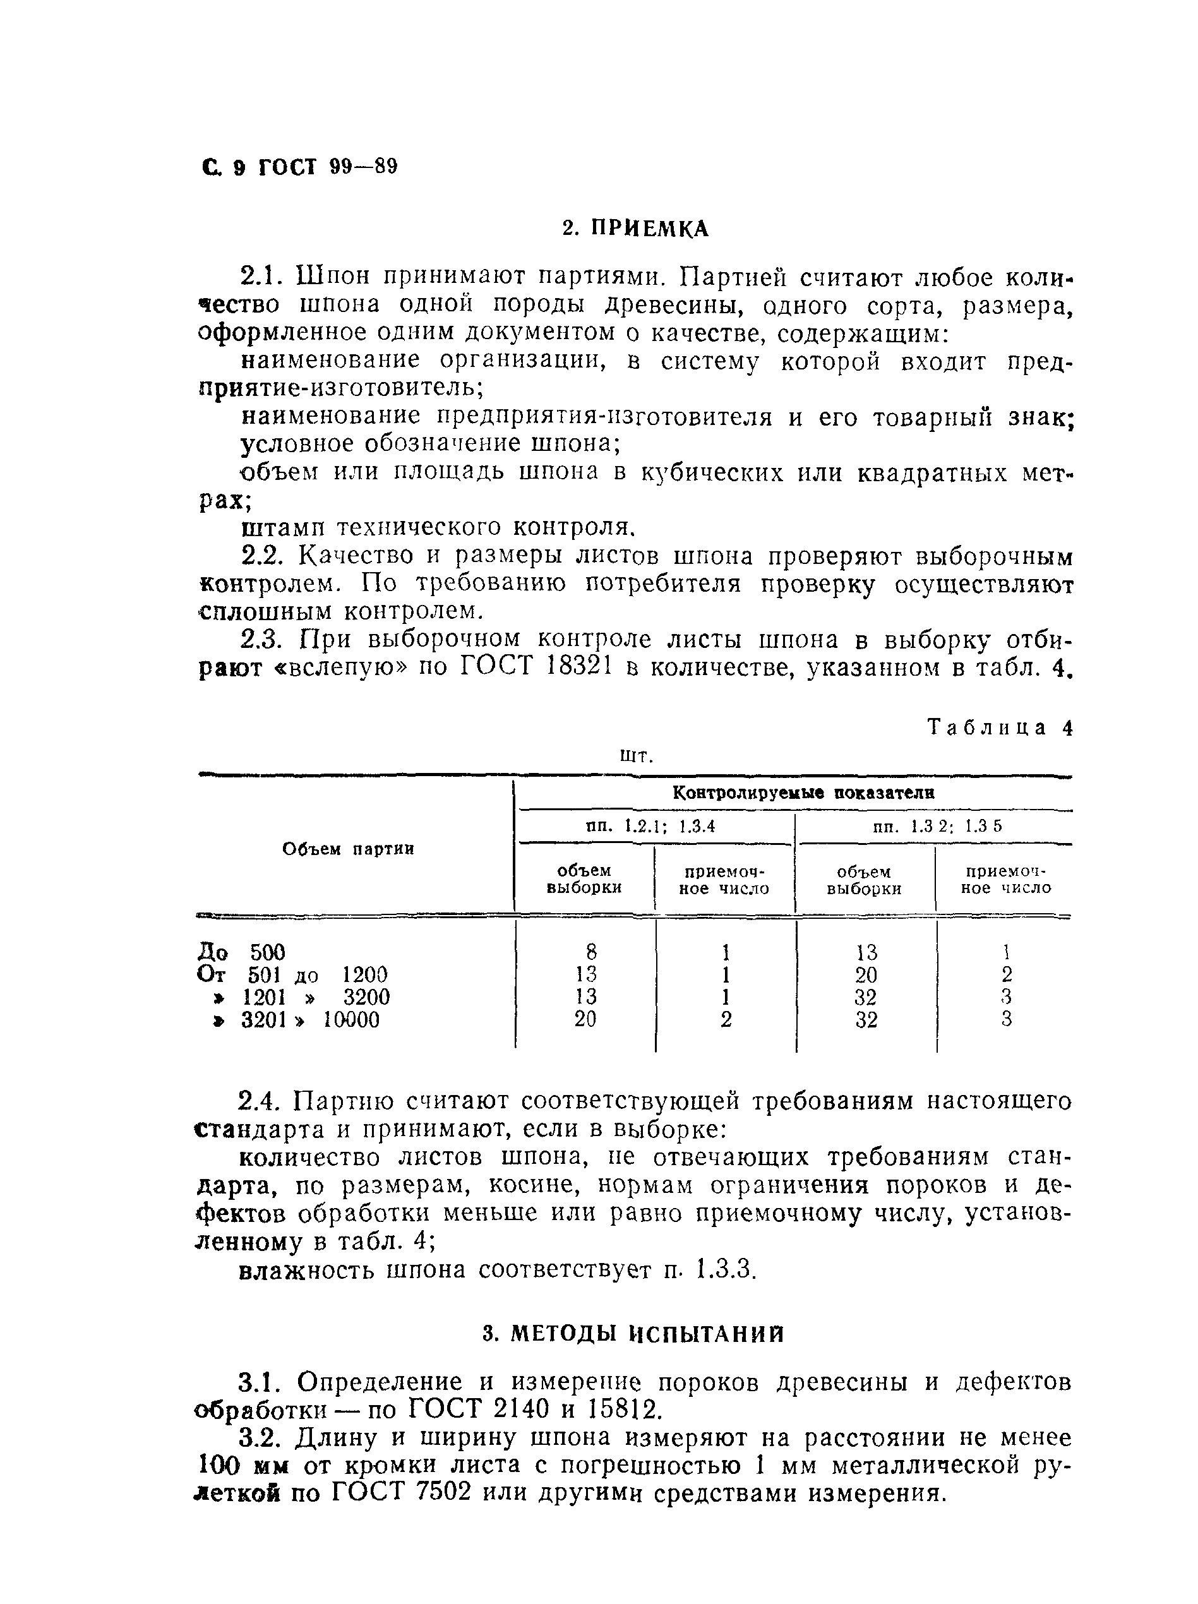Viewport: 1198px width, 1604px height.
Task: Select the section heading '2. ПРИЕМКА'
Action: (635, 229)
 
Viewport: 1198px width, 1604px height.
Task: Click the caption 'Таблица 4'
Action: (999, 727)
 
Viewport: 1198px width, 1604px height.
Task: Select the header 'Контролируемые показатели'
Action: (803, 793)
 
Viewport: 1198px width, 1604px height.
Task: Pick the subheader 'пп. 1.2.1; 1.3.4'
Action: (650, 826)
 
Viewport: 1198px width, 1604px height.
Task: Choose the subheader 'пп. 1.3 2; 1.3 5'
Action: (938, 826)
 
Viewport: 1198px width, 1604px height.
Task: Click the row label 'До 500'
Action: (241, 952)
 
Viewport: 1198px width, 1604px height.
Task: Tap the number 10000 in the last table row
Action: (351, 1020)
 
